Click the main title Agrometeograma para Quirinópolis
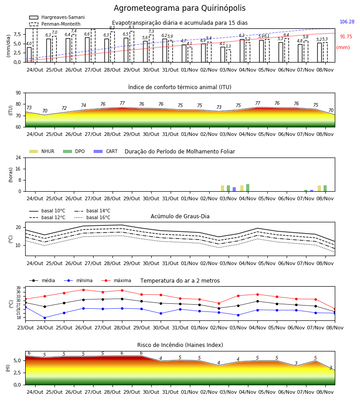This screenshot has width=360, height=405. coord(180,8)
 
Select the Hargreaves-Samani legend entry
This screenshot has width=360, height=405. coord(57,17)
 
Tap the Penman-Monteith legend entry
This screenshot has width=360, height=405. coord(55,24)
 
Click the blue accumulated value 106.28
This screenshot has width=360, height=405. coord(347,22)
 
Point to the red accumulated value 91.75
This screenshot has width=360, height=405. coord(346,37)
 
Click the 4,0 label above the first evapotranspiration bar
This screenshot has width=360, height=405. coord(29,44)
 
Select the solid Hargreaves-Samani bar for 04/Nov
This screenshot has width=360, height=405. coord(242,51)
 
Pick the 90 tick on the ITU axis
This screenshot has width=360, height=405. coord(18,93)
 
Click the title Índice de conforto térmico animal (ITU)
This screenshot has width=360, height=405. coord(180,87)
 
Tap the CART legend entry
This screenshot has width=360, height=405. coord(106,151)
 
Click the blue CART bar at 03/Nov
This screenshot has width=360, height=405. coord(234,189)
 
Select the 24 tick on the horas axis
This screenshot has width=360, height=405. coord(18,157)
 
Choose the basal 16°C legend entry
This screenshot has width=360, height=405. coord(92,217)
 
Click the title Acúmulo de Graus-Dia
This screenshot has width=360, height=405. coord(180,216)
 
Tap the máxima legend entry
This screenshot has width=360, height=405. coord(116,280)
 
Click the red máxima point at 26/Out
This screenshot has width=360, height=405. coord(83,290)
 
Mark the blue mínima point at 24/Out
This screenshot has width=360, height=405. coord(45,318)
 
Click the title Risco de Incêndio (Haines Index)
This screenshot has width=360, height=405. coord(180,345)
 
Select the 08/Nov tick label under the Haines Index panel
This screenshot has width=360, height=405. coord(325,392)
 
